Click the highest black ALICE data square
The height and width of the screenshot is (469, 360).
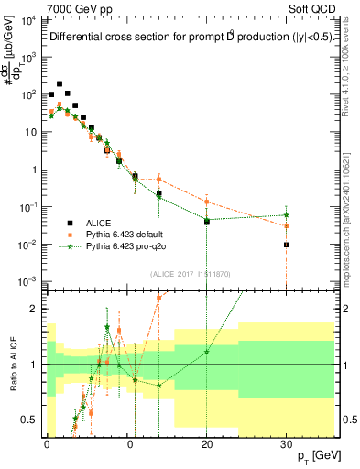(60, 83)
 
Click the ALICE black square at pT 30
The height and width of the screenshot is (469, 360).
(287, 245)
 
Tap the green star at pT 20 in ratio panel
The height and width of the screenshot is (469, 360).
(207, 352)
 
